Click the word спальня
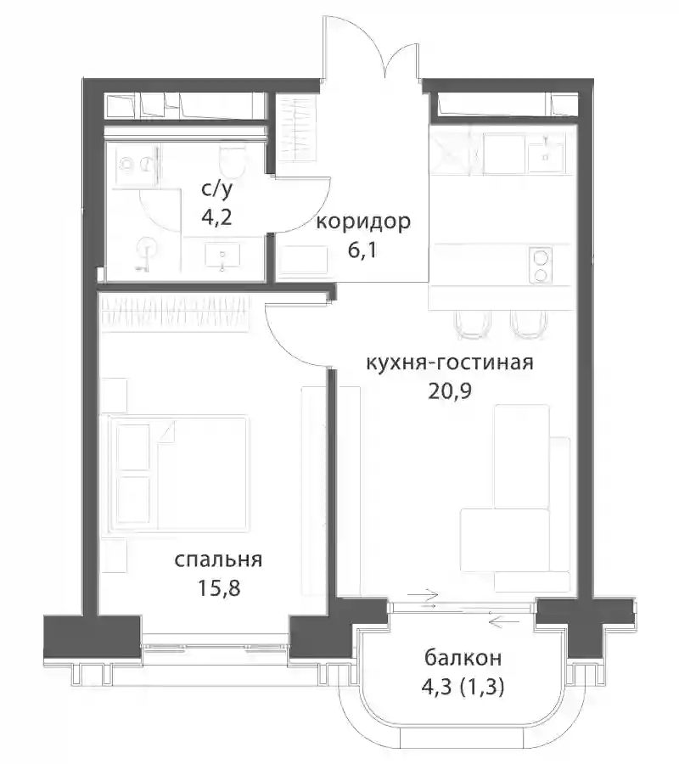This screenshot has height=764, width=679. pos(218,560)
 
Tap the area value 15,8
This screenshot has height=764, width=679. pos(219,588)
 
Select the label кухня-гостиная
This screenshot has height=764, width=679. pos(450,362)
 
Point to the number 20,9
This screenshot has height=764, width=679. pos(450,390)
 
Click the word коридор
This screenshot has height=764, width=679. pos(363,222)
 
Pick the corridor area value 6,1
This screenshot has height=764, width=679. pos(362,250)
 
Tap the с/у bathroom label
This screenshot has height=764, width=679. pos(216,188)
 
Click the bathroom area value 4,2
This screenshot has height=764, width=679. pos(216,216)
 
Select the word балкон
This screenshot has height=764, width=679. pos(463,658)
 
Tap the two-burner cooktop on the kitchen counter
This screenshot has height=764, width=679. pos(540,265)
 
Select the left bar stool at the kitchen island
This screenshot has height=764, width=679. pos(473,324)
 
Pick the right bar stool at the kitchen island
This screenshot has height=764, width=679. pos(529,324)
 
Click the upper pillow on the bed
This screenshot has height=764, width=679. pos(133,447)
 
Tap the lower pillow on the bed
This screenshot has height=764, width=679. pos(133,499)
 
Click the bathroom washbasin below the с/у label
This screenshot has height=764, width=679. pos(222,256)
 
